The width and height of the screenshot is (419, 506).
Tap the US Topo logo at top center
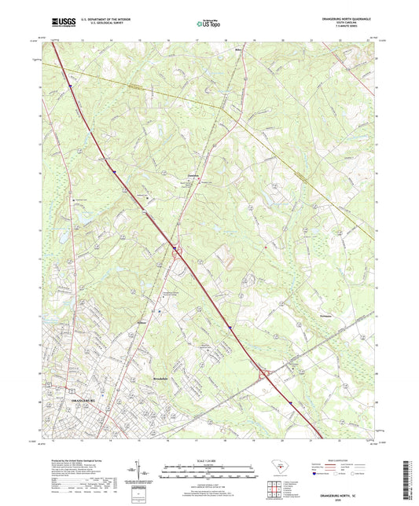pos(208,24)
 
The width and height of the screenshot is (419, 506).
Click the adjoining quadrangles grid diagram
pos(274,491)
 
